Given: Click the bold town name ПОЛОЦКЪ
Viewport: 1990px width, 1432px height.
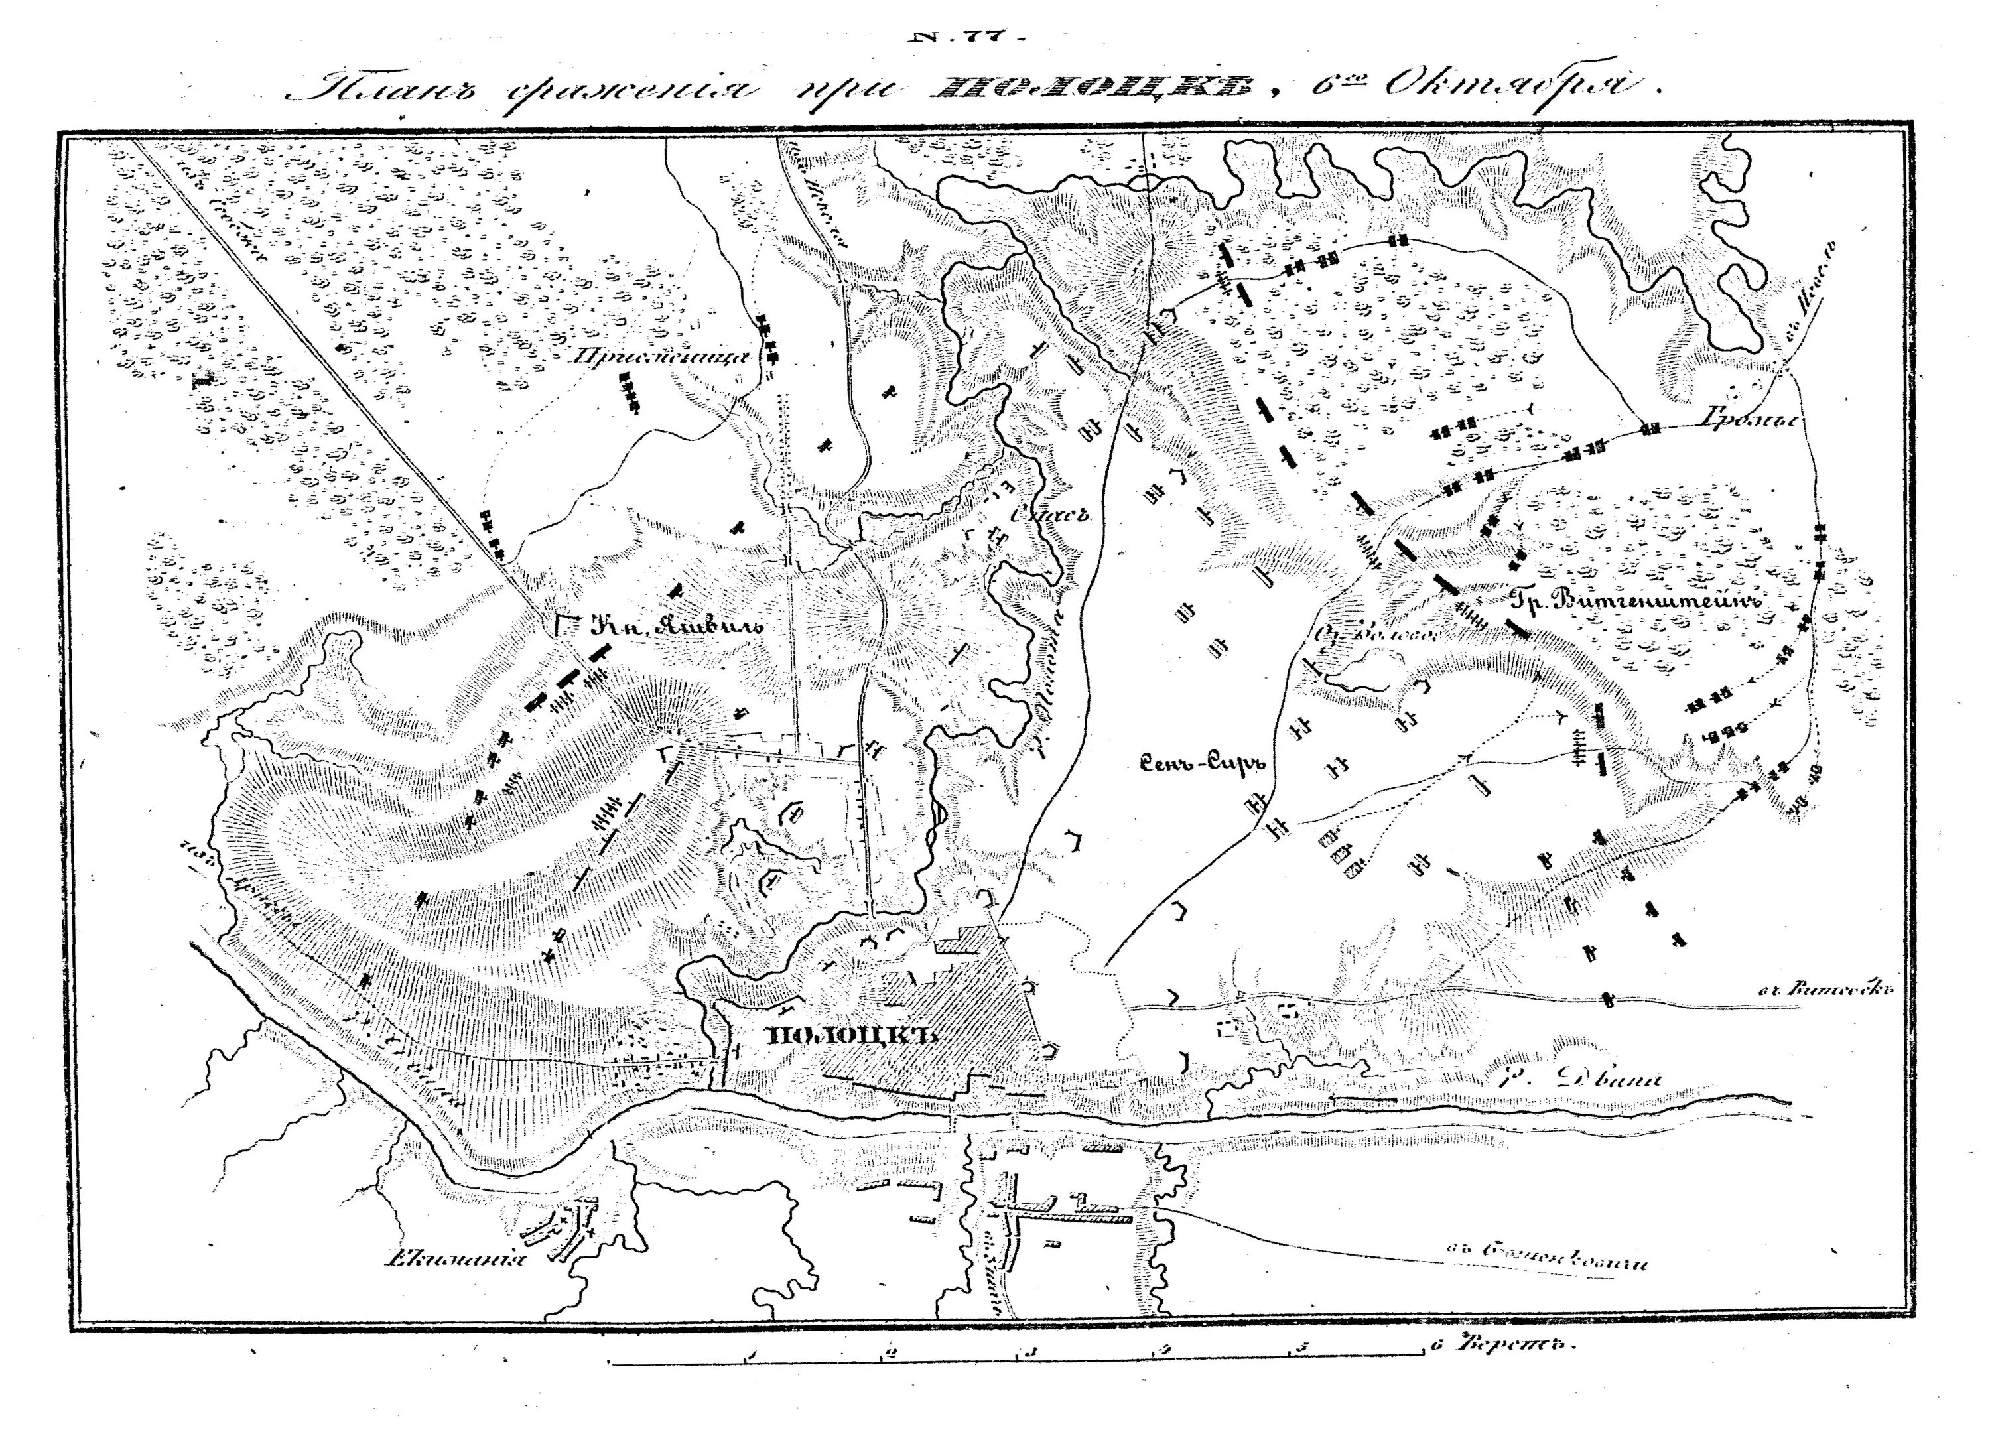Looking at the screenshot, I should tap(852, 1035).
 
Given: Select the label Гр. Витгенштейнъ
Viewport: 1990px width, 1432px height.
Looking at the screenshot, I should tap(1637, 601).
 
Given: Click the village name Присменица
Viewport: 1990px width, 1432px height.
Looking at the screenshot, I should tap(663, 356).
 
